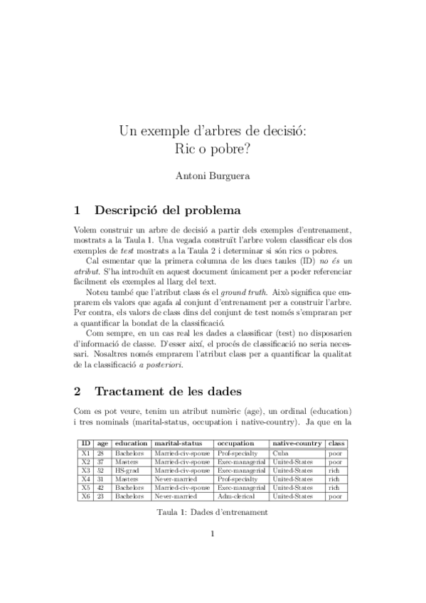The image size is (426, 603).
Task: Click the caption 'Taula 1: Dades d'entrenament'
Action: [x=213, y=513]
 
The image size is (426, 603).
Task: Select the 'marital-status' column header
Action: [x=182, y=444]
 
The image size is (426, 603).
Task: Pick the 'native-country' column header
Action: [x=297, y=444]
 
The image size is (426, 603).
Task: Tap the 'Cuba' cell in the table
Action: [x=279, y=452]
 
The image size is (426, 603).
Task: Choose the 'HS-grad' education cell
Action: [x=127, y=470]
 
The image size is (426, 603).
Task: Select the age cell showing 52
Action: [x=101, y=470]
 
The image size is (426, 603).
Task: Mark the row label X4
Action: [x=85, y=479]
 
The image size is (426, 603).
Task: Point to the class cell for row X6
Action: [x=334, y=496]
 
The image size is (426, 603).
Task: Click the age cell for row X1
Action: [x=101, y=452]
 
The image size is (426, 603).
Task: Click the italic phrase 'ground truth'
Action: [x=243, y=292]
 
